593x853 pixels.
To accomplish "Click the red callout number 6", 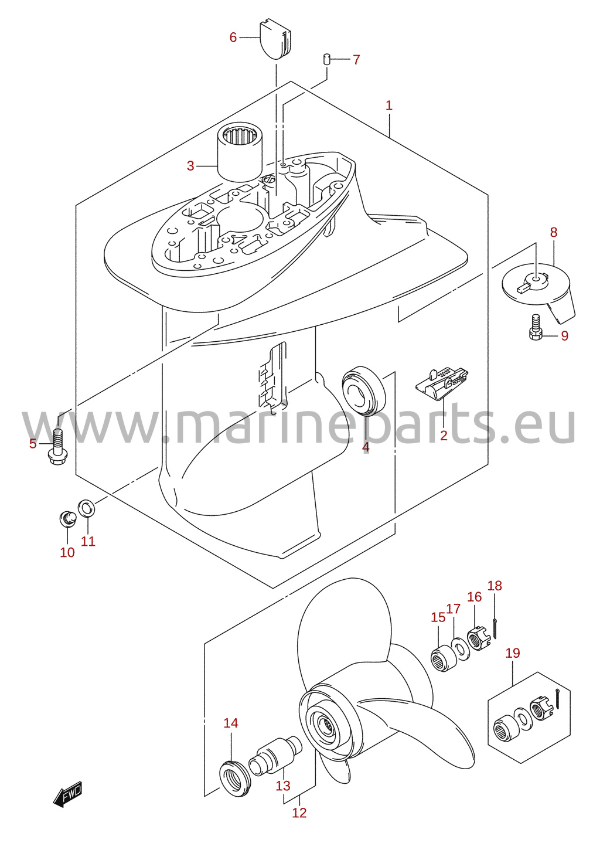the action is tap(233, 38).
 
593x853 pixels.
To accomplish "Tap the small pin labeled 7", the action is tap(326, 59).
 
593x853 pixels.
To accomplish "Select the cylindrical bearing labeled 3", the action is tap(240, 154).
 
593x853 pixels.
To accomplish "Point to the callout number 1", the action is tap(388, 105).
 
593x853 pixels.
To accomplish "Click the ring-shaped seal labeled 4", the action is tap(363, 390).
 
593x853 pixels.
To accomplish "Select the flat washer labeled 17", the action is tap(461, 648).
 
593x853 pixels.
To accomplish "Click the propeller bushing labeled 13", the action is tap(275, 753).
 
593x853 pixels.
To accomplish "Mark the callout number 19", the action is tap(512, 653).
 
